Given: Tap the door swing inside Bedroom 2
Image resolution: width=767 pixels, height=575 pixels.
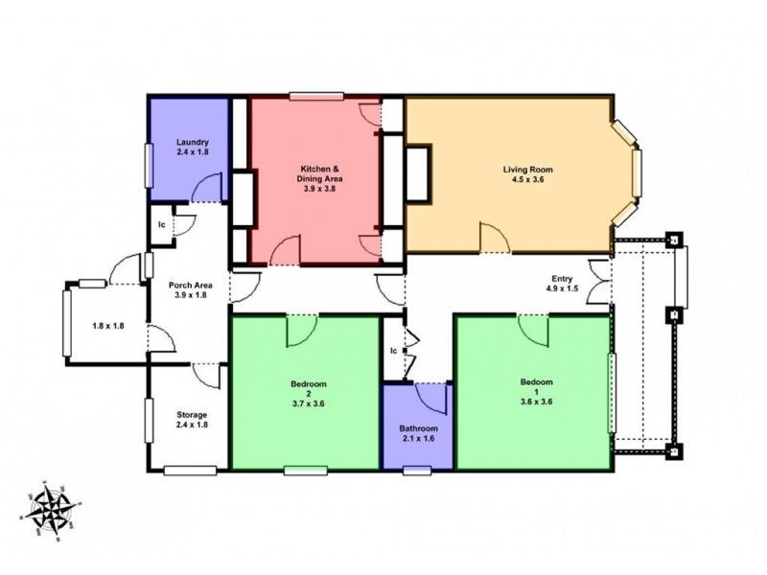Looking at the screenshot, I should (x=301, y=332).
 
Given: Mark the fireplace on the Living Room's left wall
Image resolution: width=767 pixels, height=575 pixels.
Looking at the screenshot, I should (x=420, y=173).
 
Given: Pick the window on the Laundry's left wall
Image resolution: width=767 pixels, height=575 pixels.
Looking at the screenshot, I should (x=149, y=169).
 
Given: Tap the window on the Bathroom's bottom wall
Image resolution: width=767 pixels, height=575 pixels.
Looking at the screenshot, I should (x=416, y=470).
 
